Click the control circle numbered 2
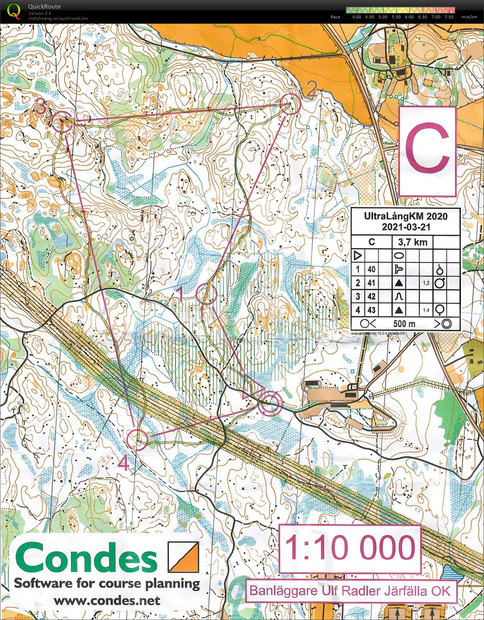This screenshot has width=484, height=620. (x=290, y=104)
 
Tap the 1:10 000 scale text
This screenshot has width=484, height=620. (x=350, y=548)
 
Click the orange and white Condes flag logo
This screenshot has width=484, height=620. (x=183, y=557)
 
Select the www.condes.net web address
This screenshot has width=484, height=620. (x=107, y=601)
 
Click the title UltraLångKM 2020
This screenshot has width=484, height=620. (x=405, y=216)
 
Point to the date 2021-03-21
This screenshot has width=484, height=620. (x=405, y=227)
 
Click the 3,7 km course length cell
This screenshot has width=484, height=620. (x=412, y=242)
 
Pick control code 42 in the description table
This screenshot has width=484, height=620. (x=371, y=296)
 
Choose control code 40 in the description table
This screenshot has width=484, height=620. (x=371, y=269)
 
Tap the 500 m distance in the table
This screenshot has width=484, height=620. (x=404, y=324)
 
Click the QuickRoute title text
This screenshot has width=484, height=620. (x=44, y=6)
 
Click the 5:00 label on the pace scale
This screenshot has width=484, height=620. (x=383, y=17)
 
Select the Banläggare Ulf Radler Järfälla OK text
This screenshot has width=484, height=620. (x=350, y=591)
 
